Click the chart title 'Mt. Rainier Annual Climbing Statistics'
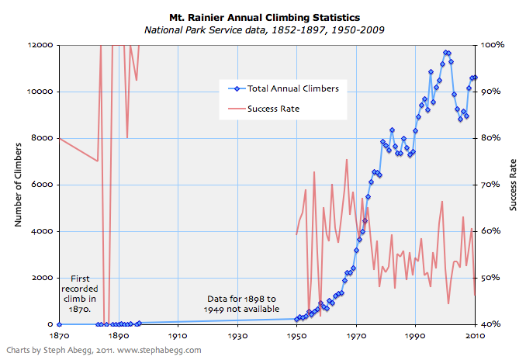(264, 16)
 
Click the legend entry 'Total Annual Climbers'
(292, 89)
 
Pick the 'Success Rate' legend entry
(273, 109)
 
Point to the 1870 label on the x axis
(59, 336)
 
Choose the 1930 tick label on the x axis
(237, 336)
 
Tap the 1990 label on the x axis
(415, 336)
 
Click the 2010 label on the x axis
(475, 336)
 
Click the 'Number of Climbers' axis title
(18, 185)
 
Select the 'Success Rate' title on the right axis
(513, 185)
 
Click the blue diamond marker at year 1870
(59, 324)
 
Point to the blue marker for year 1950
(296, 318)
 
